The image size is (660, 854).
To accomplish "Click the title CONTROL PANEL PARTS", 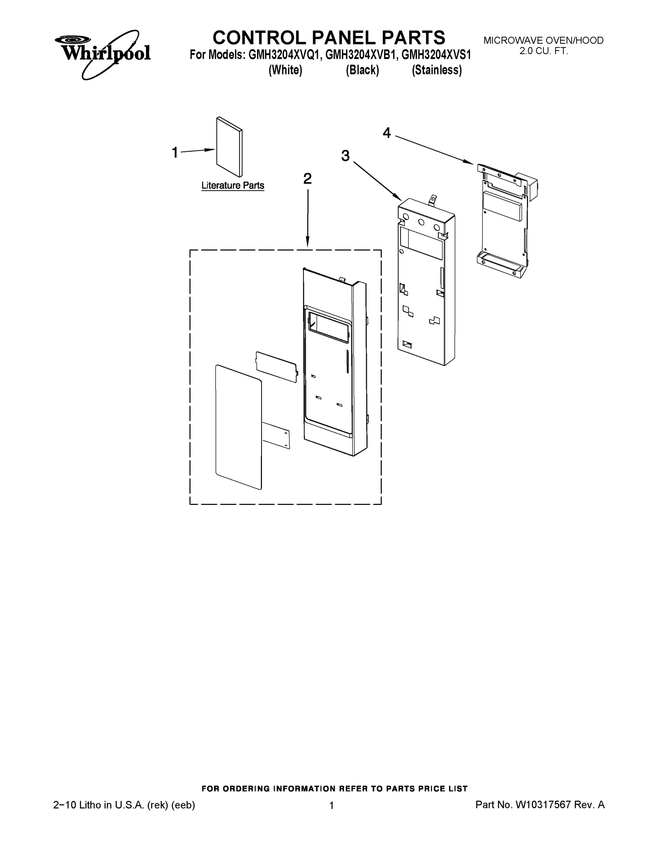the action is [x=328, y=38].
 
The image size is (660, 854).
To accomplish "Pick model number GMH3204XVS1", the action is [x=436, y=55].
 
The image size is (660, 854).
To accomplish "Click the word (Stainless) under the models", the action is [x=437, y=70].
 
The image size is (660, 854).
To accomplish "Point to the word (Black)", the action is [x=362, y=70].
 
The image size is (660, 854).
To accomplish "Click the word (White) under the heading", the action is [x=285, y=70].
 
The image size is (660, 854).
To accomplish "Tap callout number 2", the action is [x=307, y=179].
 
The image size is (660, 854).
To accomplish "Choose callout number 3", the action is [x=345, y=156].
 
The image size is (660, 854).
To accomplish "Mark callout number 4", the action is [x=386, y=133].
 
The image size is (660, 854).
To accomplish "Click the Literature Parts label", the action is [x=233, y=185].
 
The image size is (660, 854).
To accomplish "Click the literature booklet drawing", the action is [x=229, y=147].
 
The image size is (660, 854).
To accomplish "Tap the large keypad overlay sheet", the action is [x=238, y=427].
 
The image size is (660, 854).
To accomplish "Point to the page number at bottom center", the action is [x=332, y=806].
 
